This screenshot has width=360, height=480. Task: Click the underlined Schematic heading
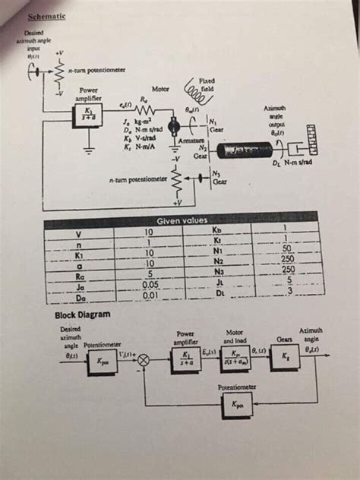coord(47,17)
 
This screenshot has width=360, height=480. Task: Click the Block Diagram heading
coord(83,314)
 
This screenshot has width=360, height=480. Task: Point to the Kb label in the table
coord(218,229)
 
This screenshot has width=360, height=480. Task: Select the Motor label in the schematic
coord(159,90)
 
